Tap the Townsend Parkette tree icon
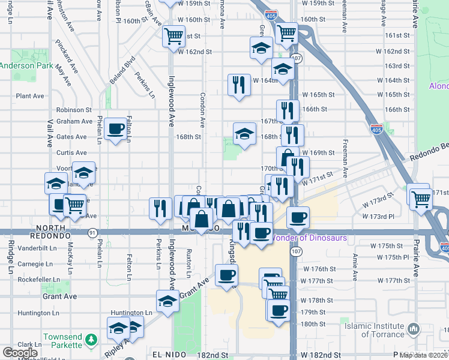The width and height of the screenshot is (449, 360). tap(91, 340)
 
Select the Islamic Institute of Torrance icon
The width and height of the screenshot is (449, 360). tap(413, 329)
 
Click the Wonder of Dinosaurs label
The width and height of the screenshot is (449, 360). tap(309, 238)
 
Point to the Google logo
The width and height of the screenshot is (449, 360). tap(19, 353)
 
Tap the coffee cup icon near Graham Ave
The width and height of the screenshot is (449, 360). tap(115, 128)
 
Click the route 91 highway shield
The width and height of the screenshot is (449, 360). tap(92, 232)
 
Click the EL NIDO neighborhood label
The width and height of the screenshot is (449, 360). tap(166, 355)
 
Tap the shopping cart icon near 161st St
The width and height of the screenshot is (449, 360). tap(173, 35)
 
